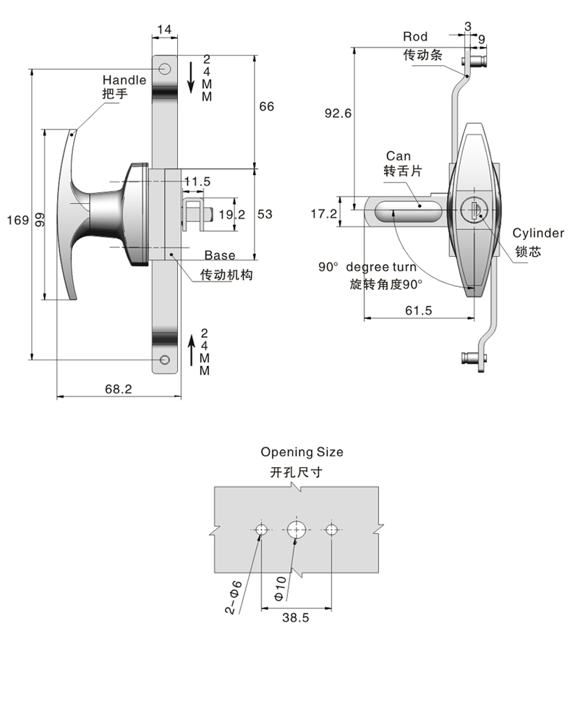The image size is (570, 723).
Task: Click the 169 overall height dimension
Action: (14, 219)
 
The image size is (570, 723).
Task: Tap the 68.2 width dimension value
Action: (118, 389)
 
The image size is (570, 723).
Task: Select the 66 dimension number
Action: (267, 106)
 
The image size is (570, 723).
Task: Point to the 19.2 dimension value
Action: (232, 214)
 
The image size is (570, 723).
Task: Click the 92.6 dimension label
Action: (338, 114)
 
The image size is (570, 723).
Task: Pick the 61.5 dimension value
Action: (419, 310)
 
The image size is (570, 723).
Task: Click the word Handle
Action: (124, 80)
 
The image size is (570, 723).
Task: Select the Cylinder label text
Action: (538, 233)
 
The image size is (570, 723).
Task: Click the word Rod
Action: (415, 36)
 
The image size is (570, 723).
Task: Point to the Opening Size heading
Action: (302, 453)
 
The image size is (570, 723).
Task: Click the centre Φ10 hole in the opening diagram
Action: (295, 529)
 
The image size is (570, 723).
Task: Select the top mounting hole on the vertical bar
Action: (165, 69)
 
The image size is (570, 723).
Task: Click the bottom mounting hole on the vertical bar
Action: (165, 360)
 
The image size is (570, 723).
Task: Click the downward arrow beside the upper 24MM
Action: (191, 77)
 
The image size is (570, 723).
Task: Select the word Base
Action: (219, 255)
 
